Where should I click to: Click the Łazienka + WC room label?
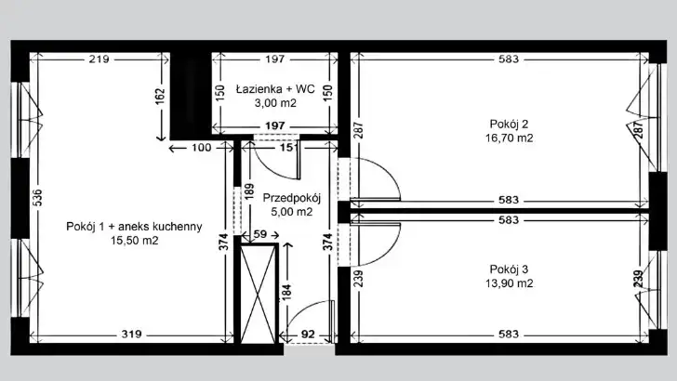(x=275, y=89)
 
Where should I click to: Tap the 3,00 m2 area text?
(x=275, y=103)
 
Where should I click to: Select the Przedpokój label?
(x=292, y=199)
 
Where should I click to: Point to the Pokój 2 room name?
(x=509, y=125)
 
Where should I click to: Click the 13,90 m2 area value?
(x=509, y=283)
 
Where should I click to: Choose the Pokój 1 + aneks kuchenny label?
(x=134, y=227)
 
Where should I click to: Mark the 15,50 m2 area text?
(x=134, y=241)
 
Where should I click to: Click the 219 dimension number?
(x=99, y=59)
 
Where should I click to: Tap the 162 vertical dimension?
(x=160, y=97)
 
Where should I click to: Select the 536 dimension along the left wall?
(x=37, y=198)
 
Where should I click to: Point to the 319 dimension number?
(x=132, y=334)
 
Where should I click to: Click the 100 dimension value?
(x=202, y=148)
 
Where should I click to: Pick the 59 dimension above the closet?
(x=260, y=234)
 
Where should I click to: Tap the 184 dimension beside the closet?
(x=286, y=292)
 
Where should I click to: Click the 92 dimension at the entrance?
(x=308, y=335)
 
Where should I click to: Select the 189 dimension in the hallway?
(x=249, y=191)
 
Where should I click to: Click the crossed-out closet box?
(x=259, y=294)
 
